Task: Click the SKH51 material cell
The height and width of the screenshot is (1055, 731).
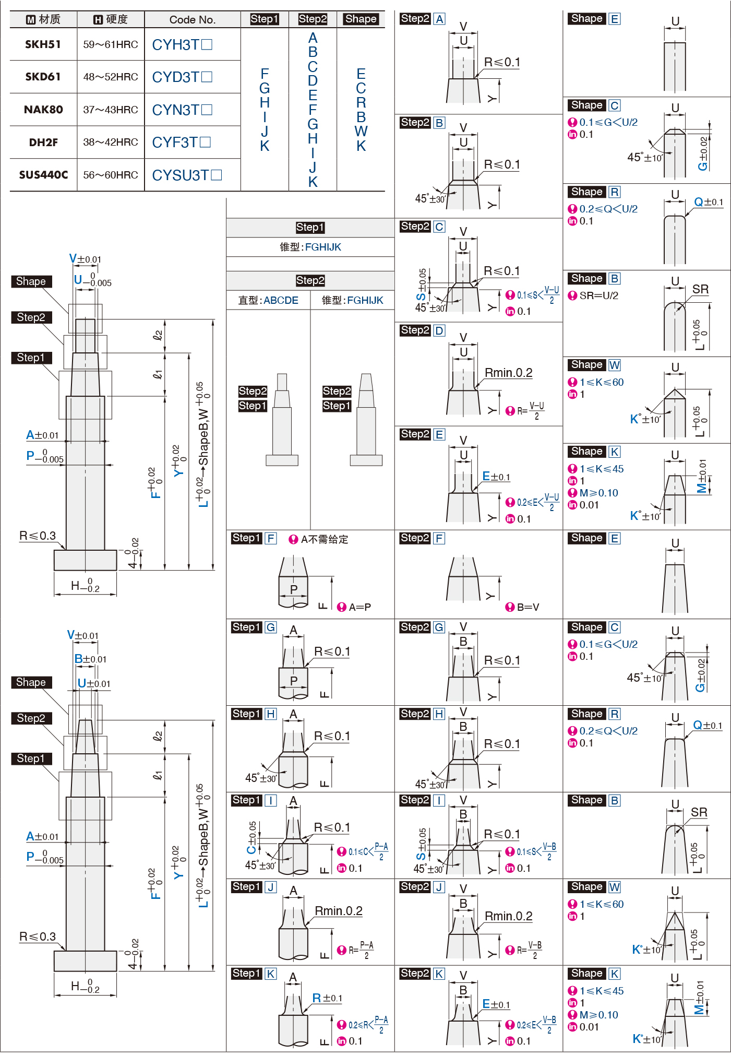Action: (x=43, y=44)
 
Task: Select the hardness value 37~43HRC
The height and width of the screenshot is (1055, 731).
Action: (x=111, y=110)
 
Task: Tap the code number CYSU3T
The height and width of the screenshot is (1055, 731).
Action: (x=186, y=175)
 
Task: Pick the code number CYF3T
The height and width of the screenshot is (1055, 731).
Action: (x=181, y=143)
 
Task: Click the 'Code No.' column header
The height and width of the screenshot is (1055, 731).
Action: (x=192, y=20)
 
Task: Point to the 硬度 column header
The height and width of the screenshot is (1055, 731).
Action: (x=111, y=20)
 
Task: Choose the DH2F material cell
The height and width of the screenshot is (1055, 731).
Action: (x=43, y=143)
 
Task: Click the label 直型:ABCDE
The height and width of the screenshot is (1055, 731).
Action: (x=268, y=300)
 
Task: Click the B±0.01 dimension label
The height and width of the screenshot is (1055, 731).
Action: (x=90, y=659)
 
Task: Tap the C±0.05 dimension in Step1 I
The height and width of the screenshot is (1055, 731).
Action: (x=252, y=837)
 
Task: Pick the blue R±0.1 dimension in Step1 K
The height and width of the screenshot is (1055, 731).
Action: (x=327, y=998)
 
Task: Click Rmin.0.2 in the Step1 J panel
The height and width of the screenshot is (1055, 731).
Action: (x=338, y=911)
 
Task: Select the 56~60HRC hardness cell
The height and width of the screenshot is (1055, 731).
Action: (x=111, y=175)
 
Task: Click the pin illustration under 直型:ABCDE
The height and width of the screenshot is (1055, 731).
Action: (x=282, y=420)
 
